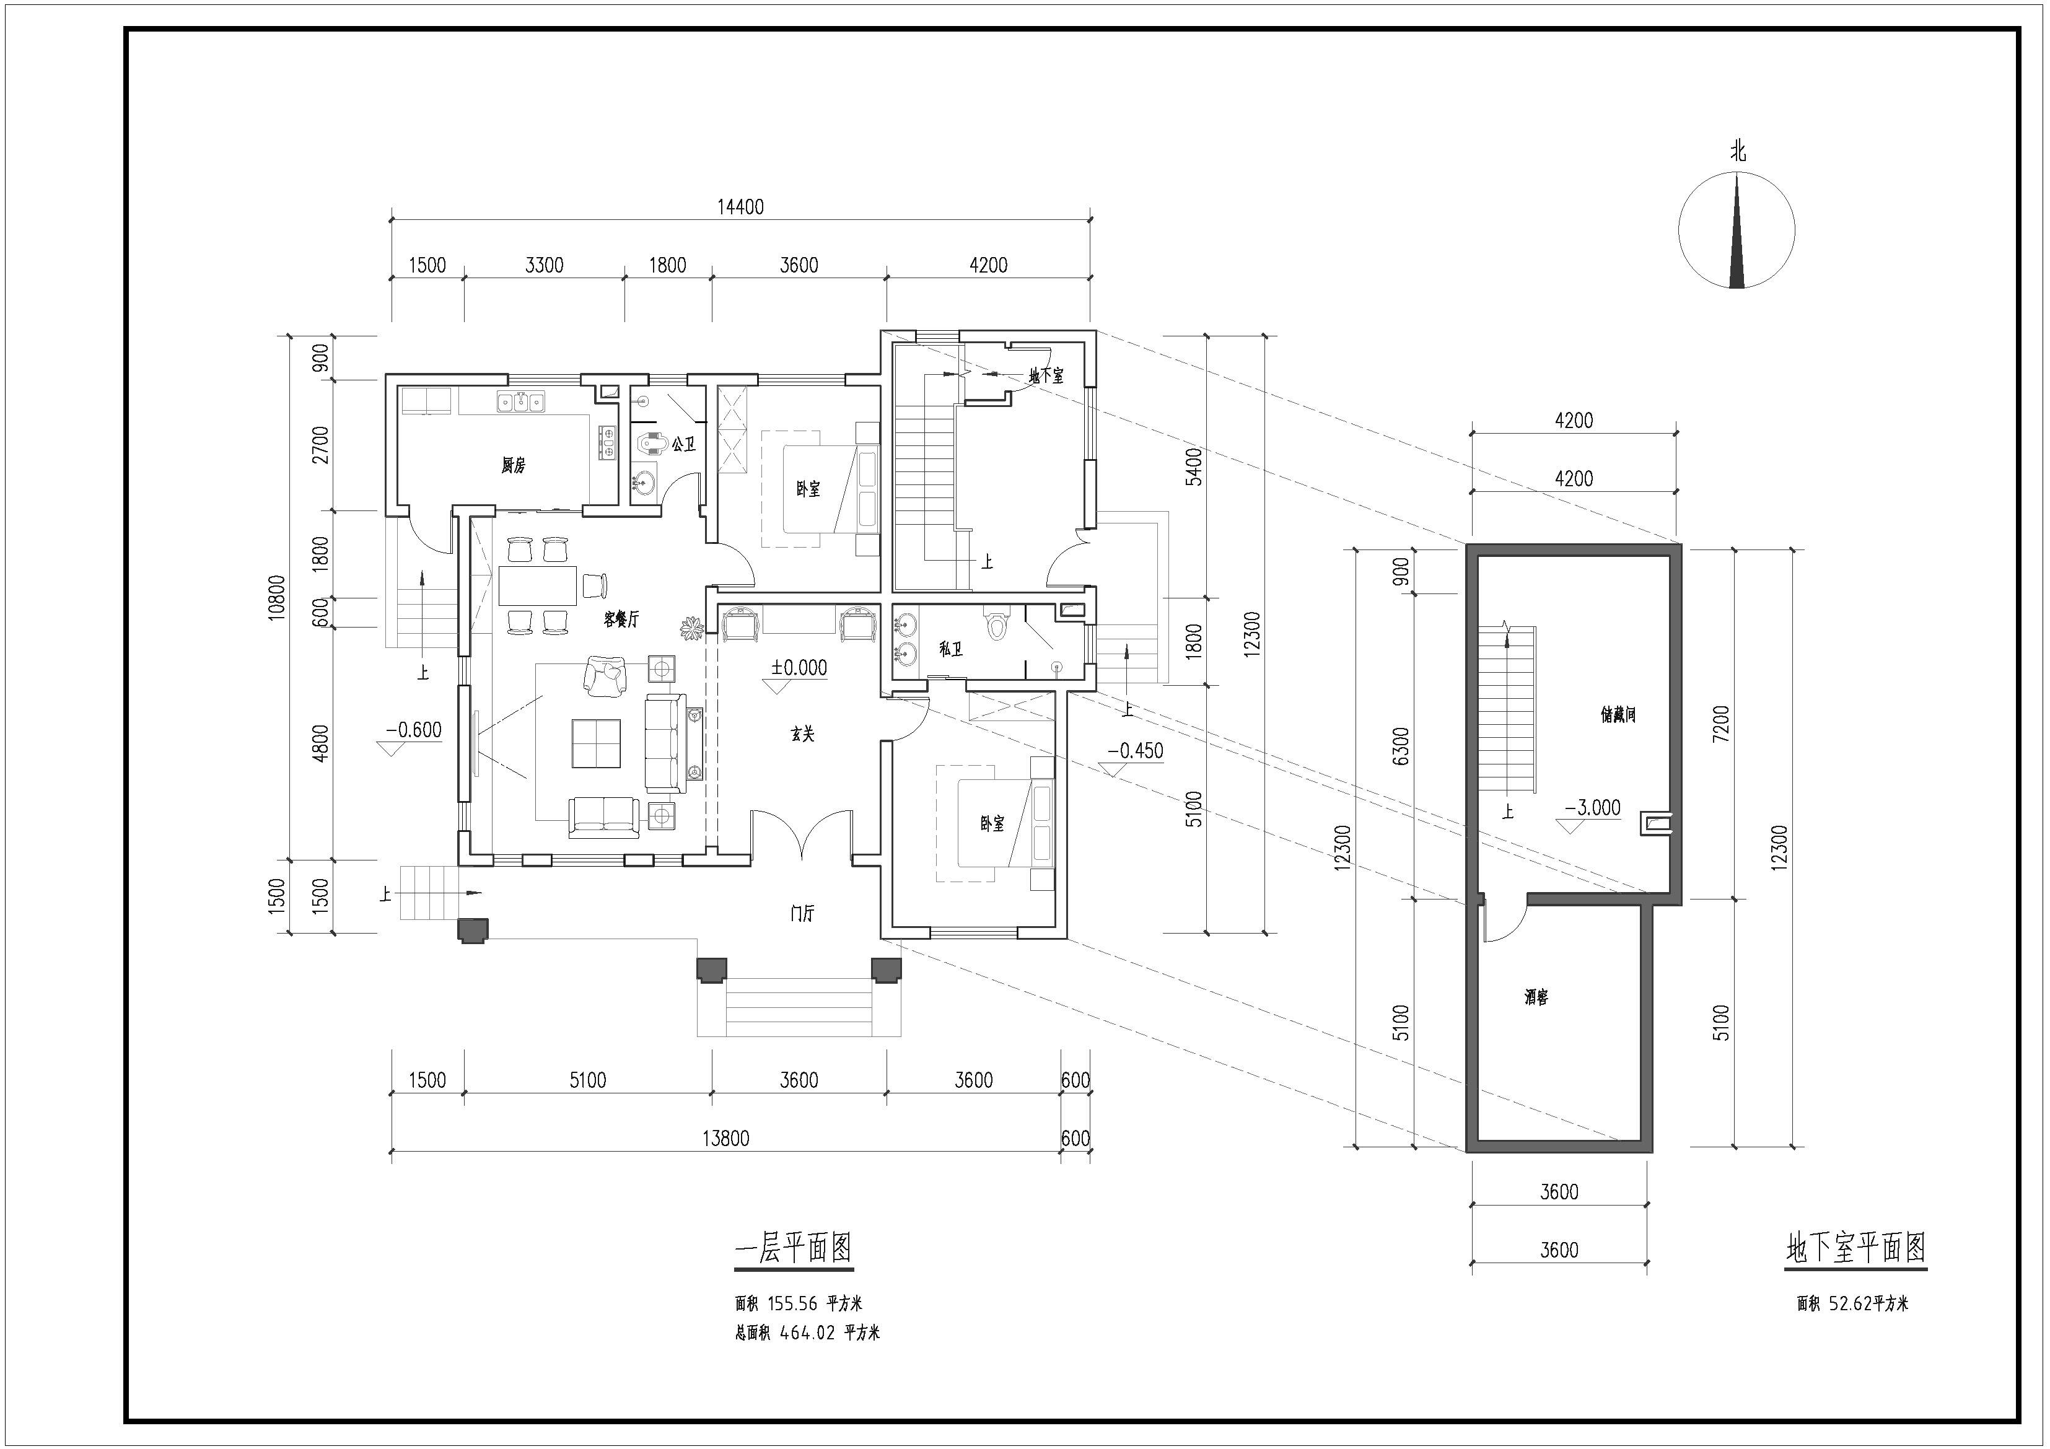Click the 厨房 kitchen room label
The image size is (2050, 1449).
[514, 465]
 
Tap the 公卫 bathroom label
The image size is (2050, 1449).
[684, 444]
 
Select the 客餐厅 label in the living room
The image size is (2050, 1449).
[621, 619]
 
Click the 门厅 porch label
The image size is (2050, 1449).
[803, 913]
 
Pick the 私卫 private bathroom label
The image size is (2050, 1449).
[951, 649]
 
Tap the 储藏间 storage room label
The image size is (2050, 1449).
[1618, 714]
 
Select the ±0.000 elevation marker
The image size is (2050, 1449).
[799, 668]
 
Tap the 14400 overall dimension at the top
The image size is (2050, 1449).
[741, 207]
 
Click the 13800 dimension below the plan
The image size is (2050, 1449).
[726, 1138]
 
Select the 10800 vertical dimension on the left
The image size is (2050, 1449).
[277, 597]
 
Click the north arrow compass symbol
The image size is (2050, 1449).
[1737, 230]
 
